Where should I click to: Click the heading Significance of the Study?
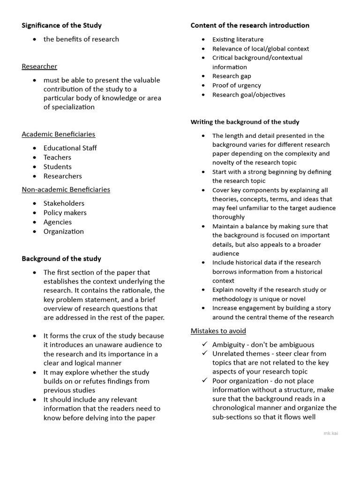coord(61,25)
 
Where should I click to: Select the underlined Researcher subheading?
coord(39,67)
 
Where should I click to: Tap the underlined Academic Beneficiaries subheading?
coord(58,135)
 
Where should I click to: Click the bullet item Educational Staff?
coord(70,148)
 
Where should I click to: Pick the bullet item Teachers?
coord(57,157)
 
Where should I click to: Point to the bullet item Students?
coord(57,167)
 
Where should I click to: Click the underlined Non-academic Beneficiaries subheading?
coord(66,190)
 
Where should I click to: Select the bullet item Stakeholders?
coord(64,203)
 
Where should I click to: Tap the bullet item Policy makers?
coord(65,213)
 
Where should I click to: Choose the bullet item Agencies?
coord(58,222)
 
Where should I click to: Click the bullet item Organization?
coord(63,232)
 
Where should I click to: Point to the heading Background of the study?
coord(61,259)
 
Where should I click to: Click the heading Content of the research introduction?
coord(250,25)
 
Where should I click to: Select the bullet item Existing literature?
coord(238,40)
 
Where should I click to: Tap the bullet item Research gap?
coord(232,76)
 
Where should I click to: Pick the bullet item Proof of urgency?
coord(236,85)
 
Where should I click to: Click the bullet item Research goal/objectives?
coord(248,95)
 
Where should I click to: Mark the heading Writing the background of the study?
coord(245,122)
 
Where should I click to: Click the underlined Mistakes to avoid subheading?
coord(218,331)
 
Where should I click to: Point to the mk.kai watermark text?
coord(330,433)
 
